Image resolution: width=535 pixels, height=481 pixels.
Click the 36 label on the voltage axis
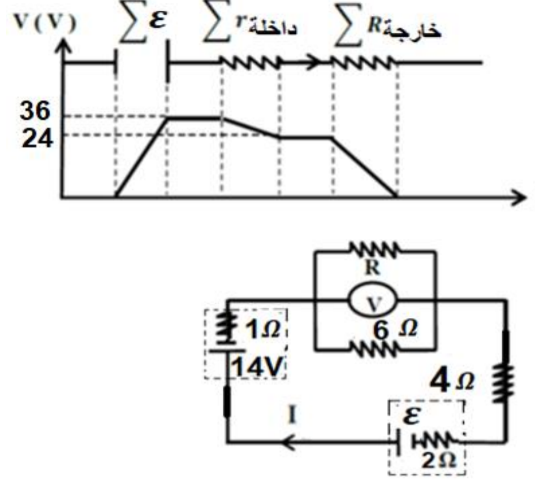click(x=35, y=111)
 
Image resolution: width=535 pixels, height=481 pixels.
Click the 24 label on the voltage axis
click(x=37, y=139)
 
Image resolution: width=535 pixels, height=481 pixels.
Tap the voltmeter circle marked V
click(x=373, y=301)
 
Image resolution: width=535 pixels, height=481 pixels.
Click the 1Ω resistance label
click(x=263, y=330)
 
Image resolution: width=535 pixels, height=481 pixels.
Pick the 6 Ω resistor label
click(x=395, y=330)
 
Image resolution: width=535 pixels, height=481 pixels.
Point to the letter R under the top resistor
click(x=373, y=268)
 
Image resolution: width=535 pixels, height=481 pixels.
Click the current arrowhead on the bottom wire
click(x=288, y=443)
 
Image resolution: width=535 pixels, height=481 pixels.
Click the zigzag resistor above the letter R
click(x=374, y=250)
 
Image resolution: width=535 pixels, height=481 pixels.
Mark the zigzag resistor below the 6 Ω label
click(x=374, y=350)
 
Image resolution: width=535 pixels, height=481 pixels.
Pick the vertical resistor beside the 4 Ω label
click(x=503, y=383)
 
